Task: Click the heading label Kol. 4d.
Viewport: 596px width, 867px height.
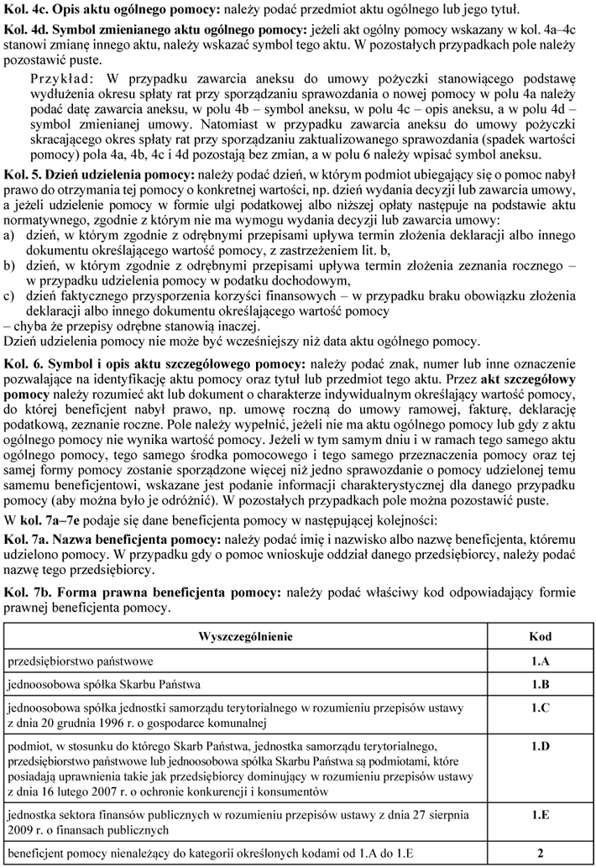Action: click(24, 30)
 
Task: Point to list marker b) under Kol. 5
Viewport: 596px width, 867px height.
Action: click(10, 265)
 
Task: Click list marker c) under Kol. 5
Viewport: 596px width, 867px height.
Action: click(10, 295)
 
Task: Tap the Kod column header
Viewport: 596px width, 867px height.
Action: click(539, 635)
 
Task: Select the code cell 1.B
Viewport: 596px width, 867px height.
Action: click(539, 684)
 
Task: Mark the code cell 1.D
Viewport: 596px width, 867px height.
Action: click(539, 744)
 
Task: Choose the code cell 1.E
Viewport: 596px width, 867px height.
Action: click(539, 812)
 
